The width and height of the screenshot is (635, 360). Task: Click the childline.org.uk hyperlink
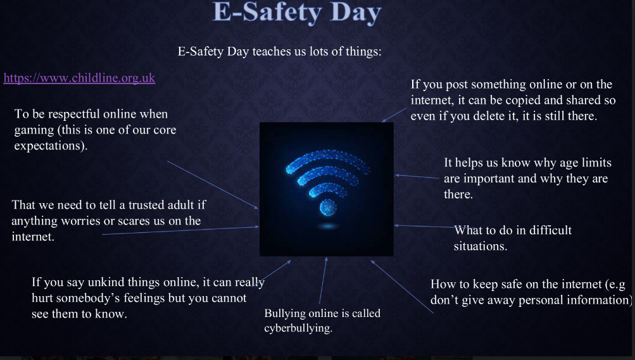pyautogui.click(x=79, y=78)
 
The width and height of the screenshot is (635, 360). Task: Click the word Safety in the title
pyautogui.click(x=282, y=12)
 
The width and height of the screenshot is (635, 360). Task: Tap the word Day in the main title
pyautogui.click(x=356, y=13)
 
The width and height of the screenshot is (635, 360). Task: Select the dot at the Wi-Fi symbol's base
pyautogui.click(x=328, y=208)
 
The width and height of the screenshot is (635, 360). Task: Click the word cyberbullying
pyautogui.click(x=298, y=328)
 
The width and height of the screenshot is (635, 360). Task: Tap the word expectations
pyautogui.click(x=51, y=146)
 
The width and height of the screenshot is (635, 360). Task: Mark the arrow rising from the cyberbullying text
pyautogui.click(x=323, y=280)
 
